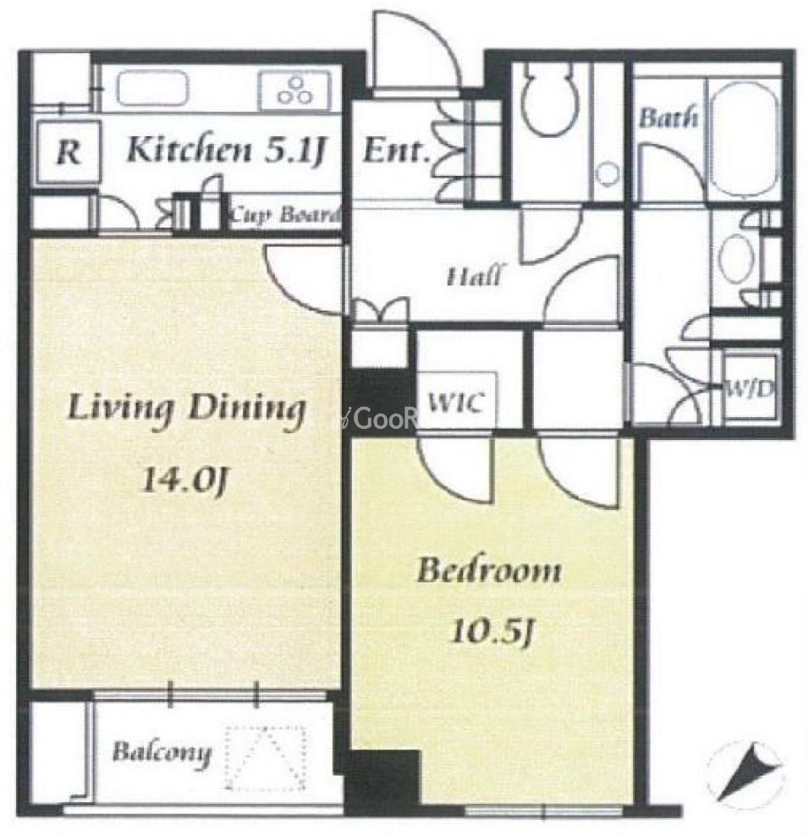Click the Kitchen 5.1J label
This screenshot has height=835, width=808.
226,151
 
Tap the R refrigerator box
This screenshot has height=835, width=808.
69,153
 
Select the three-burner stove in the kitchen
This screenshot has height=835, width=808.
294,91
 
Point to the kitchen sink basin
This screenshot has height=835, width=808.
153,89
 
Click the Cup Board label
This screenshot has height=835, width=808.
284,216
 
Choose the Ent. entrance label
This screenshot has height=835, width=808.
396,151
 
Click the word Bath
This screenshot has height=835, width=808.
668,117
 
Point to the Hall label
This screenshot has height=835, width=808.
474,277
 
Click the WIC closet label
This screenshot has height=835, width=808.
455,403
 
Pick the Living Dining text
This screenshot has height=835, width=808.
186,410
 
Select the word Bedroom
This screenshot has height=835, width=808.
488,570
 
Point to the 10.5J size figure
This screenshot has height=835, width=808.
491,633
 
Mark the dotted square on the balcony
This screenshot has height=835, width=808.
267,759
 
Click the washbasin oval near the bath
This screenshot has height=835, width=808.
737,260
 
